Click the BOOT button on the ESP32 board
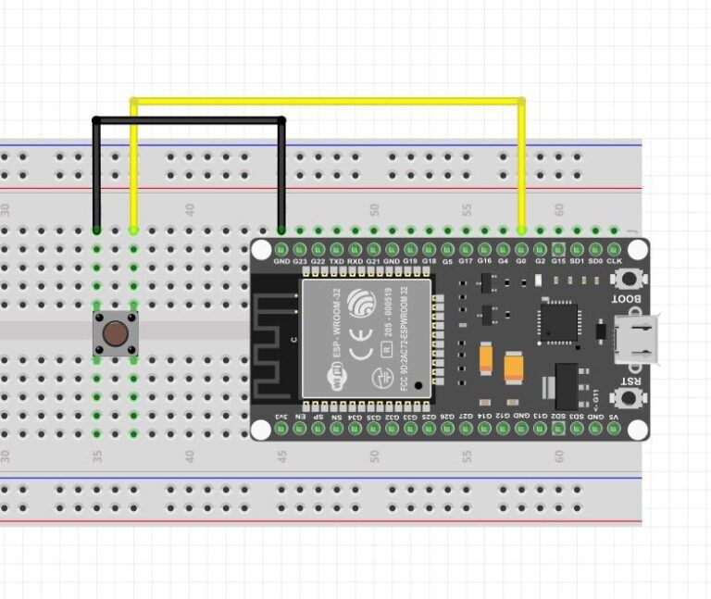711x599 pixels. click(x=633, y=278)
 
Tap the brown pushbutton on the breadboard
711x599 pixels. click(x=116, y=332)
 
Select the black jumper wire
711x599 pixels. click(x=189, y=119)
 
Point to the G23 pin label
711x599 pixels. click(x=300, y=262)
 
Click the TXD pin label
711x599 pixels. click(x=337, y=262)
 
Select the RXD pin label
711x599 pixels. click(x=355, y=262)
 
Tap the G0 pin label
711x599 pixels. click(x=521, y=262)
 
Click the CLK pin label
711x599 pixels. click(x=614, y=262)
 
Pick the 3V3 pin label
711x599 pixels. click(x=281, y=417)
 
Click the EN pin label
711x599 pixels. click(x=300, y=417)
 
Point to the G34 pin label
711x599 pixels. click(x=355, y=417)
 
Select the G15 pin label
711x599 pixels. click(x=558, y=262)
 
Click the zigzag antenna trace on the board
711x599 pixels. click(x=275, y=343)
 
